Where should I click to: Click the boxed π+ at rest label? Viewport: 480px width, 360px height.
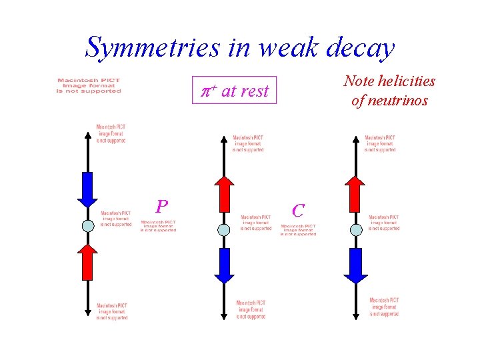click(235, 91)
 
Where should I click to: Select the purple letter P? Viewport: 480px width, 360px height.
click(161, 205)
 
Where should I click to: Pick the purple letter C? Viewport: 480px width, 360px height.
click(298, 211)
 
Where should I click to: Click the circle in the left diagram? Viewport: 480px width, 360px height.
click(88, 225)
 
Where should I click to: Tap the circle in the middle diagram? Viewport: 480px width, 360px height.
click(224, 229)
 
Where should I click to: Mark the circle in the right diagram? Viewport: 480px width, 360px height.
click(356, 229)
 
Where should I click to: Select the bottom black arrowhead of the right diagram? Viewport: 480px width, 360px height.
click(356, 313)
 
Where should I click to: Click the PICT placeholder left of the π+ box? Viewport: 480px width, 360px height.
click(89, 86)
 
